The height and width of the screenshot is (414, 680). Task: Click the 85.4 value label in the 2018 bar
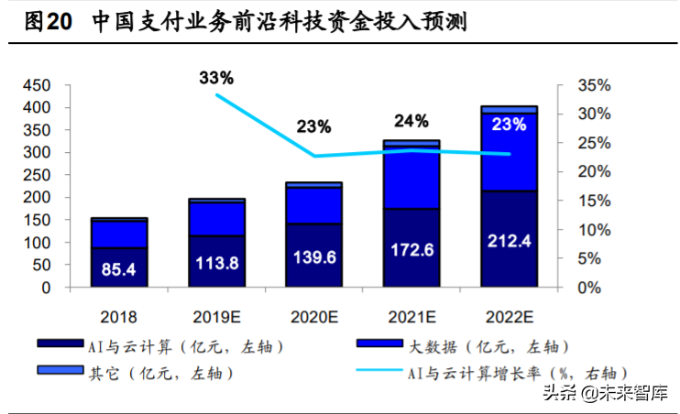tap(119, 269)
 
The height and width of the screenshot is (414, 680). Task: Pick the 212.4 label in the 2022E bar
tap(510, 243)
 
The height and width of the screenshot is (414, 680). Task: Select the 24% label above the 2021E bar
tap(411, 120)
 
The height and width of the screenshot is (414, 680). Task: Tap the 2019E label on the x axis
tap(216, 317)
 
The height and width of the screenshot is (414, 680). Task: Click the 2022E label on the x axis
tap(510, 317)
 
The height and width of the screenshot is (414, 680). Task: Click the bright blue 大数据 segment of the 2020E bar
tap(314, 205)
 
